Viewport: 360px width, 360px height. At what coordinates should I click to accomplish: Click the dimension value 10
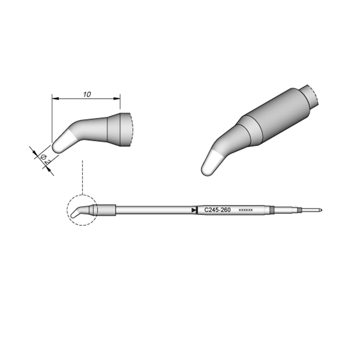coord(87,94)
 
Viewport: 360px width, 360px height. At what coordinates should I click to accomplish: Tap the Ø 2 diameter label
coord(45,159)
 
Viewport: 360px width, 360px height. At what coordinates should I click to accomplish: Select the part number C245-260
coord(217,210)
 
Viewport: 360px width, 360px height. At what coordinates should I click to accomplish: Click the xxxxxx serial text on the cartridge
coord(246,210)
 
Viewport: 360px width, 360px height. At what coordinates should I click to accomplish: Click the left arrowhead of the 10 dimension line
coord(56,99)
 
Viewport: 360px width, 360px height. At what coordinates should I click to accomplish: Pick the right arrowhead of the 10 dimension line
coord(117,99)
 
